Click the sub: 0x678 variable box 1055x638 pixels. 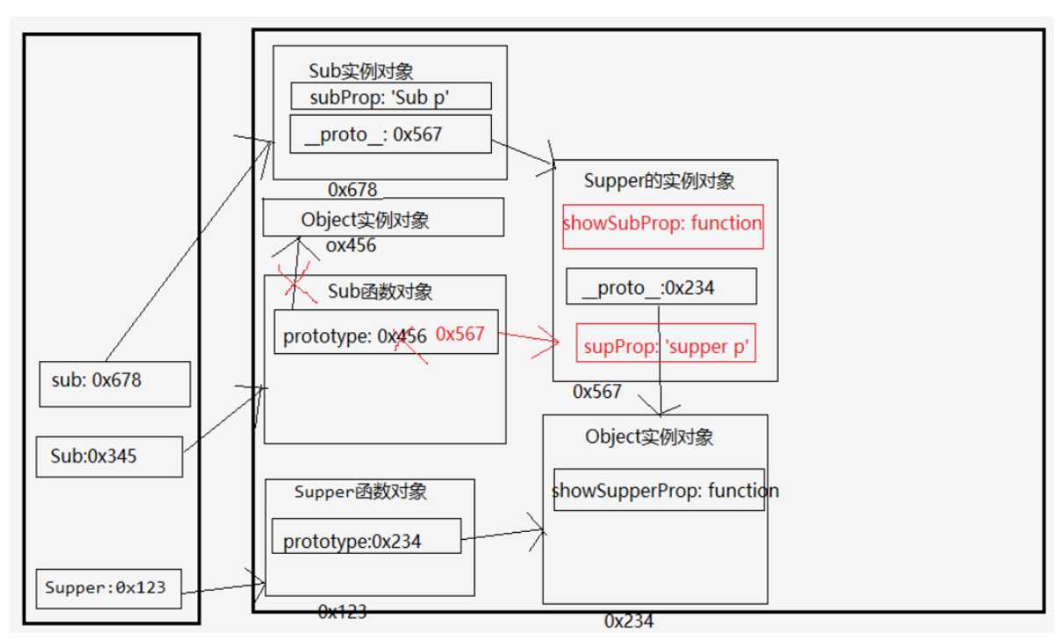pyautogui.click(x=115, y=384)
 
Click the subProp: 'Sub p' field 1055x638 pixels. pyautogui.click(x=391, y=96)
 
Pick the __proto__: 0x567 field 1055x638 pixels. pyautogui.click(x=391, y=134)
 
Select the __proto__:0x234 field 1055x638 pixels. pyautogui.click(x=661, y=287)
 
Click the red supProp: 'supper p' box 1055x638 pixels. pyautogui.click(x=664, y=346)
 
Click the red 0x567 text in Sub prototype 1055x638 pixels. pyautogui.click(x=460, y=334)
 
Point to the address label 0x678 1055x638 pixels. pyautogui.click(x=353, y=189)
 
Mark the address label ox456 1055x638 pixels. pyautogui.click(x=350, y=246)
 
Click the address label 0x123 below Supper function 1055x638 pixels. pyautogui.click(x=342, y=612)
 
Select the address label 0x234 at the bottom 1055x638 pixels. pyautogui.click(x=628, y=621)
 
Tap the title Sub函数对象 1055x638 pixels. pyautogui.click(x=380, y=291)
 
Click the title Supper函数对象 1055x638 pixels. pyautogui.click(x=360, y=492)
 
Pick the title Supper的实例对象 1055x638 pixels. pyautogui.click(x=659, y=181)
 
